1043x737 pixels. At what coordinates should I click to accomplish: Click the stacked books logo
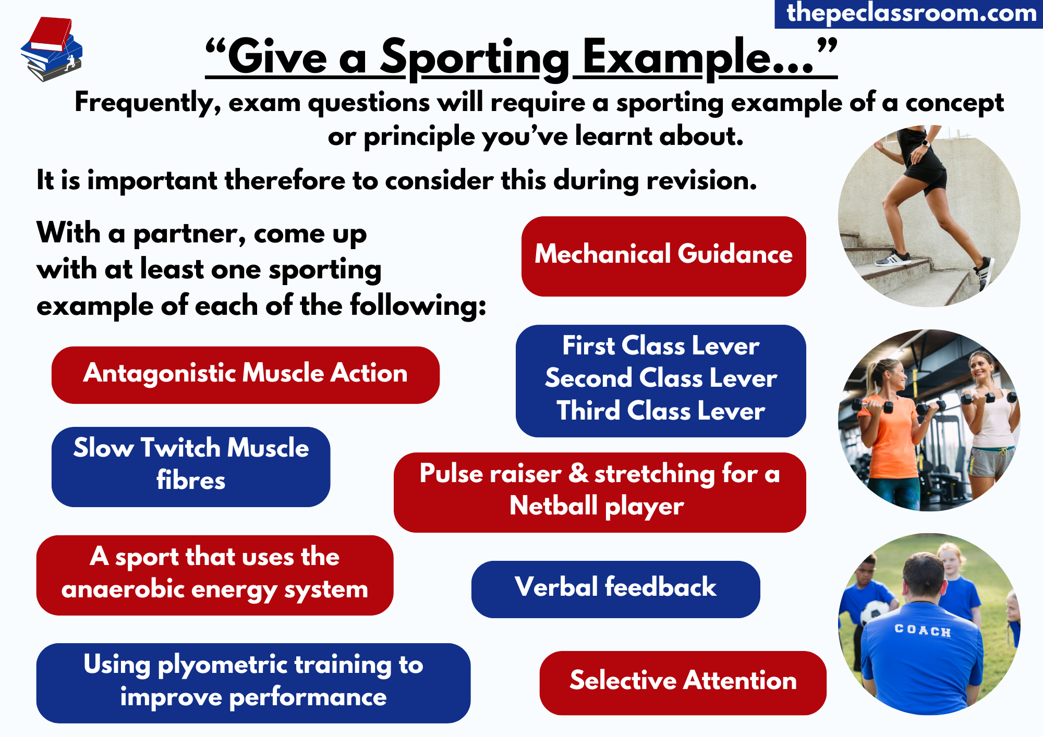coord(52,49)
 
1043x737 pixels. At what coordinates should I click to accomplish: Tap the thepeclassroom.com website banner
coord(909,14)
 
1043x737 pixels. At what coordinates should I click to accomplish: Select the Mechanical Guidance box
coord(663,256)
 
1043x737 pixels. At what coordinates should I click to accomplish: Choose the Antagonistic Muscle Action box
coord(246,375)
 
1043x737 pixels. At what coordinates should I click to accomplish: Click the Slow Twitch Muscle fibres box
coord(191,466)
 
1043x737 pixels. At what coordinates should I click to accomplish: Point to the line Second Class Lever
coord(661,378)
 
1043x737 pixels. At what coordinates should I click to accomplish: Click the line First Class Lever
coord(661,346)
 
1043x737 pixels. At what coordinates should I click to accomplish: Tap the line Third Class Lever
coord(661,411)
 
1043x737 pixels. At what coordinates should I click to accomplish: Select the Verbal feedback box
coord(615,589)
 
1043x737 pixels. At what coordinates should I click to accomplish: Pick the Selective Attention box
coord(683,683)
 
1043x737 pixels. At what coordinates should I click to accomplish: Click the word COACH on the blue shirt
coord(923,631)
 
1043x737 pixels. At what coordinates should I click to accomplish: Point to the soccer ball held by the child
coord(875,612)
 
